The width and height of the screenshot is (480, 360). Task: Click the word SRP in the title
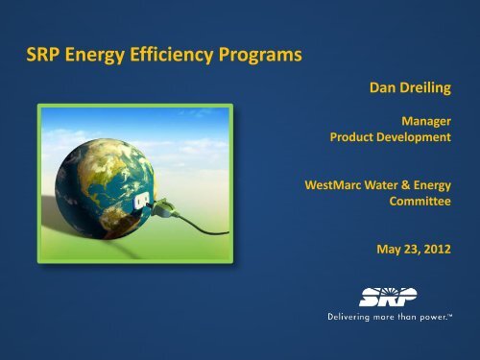pos(48,55)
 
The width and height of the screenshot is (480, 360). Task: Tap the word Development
pos(423,140)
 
